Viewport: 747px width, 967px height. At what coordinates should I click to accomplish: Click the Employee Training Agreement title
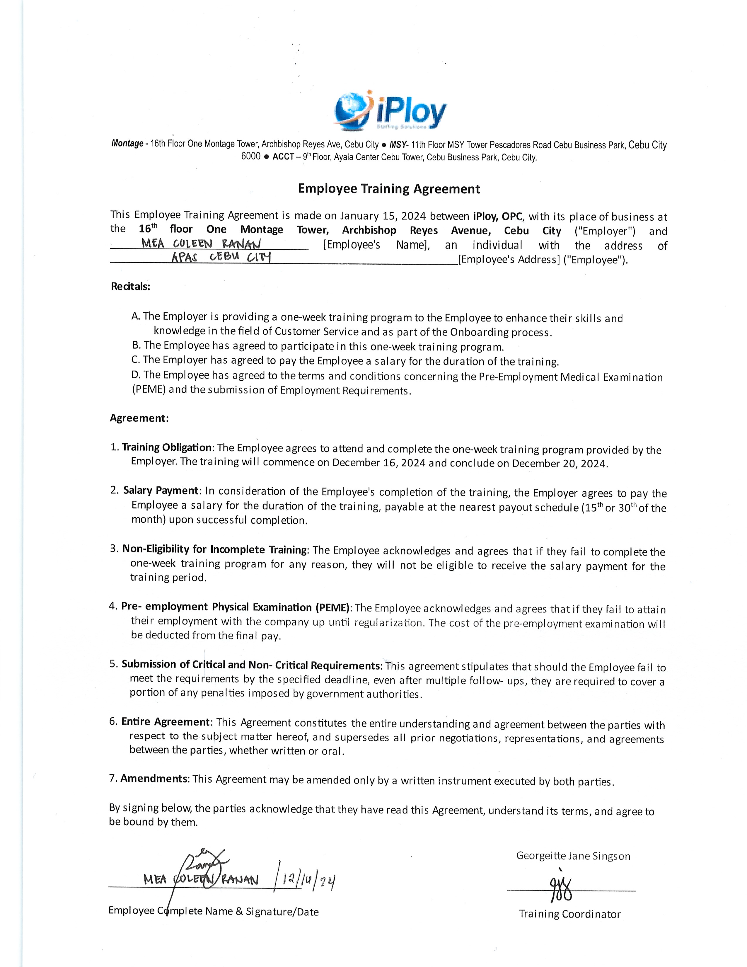pos(388,189)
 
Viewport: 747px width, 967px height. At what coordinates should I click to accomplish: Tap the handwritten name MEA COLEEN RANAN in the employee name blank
pos(201,244)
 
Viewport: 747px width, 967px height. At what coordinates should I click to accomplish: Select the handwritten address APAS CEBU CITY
pos(221,257)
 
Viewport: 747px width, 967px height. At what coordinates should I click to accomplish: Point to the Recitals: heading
pos(131,287)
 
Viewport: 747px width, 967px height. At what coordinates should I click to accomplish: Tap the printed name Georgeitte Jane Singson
pos(573,856)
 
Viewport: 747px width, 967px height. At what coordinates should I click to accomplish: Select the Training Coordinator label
pos(569,914)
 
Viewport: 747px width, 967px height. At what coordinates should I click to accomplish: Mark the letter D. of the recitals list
pos(136,375)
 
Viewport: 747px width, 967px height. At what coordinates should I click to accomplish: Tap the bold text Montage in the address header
pos(127,144)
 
